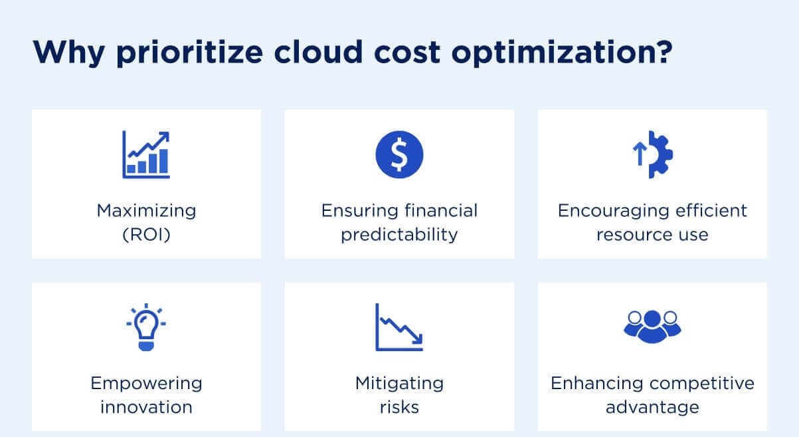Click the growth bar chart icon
146,154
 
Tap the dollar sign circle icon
399,154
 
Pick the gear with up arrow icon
652,154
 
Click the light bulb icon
146,327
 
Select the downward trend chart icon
399,327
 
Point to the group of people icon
652,325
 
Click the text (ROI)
146,235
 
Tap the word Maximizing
146,211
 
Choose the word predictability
399,235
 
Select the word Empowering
146,383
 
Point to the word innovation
146,406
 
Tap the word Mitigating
399,383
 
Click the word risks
399,406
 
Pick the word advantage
652,406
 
